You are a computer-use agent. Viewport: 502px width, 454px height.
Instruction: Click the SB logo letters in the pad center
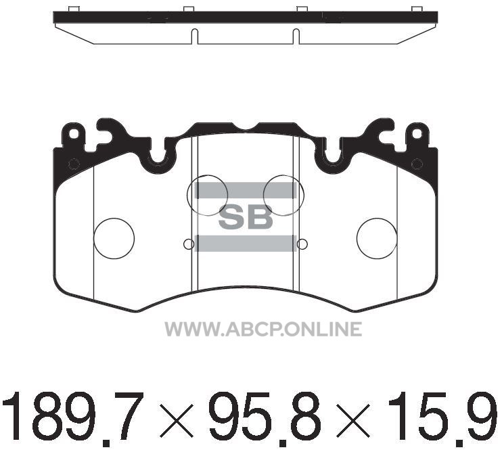pos(246,217)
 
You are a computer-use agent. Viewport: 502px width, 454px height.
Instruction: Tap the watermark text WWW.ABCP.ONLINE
pos(263,329)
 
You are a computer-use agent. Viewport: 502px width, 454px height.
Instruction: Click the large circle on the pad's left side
pos(114,239)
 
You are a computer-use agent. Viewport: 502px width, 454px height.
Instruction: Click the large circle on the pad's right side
pos(377,239)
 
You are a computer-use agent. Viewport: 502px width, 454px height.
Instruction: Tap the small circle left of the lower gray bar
pos(189,244)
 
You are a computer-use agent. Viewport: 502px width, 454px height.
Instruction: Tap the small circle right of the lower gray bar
pos(302,244)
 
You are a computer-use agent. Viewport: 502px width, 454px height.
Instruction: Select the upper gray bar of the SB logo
pos(246,191)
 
